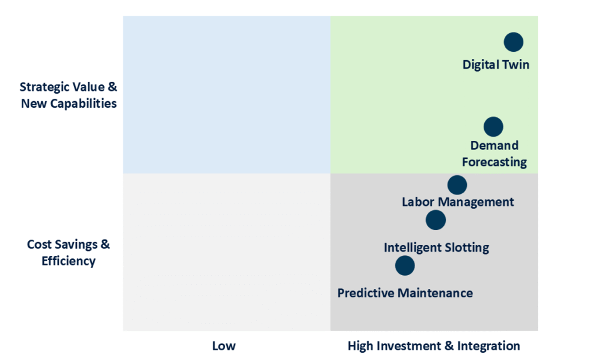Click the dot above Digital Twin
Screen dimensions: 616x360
[514, 42]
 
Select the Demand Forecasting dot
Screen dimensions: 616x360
[493, 126]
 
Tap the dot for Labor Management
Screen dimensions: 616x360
[457, 185]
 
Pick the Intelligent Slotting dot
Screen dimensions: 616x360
[436, 220]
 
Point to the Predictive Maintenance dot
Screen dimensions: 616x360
[405, 265]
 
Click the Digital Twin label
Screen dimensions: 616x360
[496, 65]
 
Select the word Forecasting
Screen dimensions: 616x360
[494, 162]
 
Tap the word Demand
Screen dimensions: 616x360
[494, 146]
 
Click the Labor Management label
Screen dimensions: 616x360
[458, 202]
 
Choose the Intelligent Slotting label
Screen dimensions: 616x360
[437, 247]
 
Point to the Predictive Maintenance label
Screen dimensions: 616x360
[405, 293]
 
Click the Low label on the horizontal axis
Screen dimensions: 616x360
[224, 346]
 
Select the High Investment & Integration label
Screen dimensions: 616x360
[434, 346]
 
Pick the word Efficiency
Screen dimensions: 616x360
[69, 261]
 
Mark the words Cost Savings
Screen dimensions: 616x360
[62, 244]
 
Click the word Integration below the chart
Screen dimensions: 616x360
[488, 346]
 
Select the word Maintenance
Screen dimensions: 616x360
[436, 293]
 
